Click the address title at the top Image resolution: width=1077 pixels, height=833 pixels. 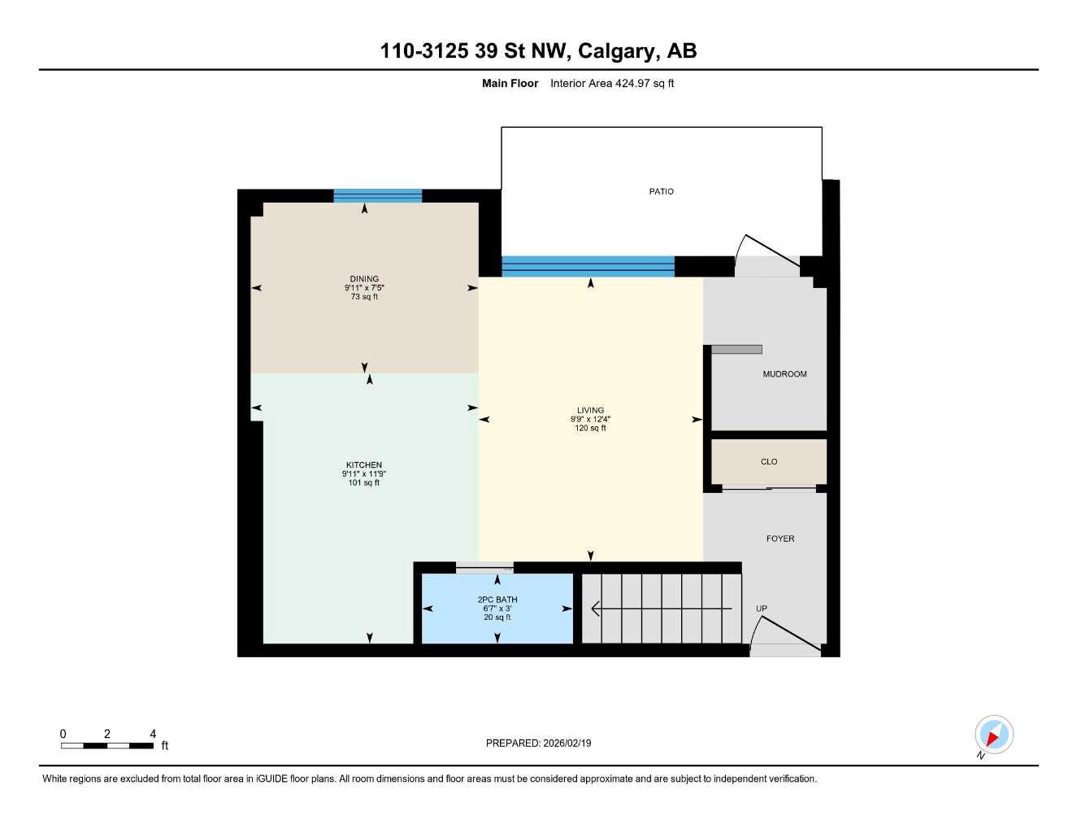pos(538,51)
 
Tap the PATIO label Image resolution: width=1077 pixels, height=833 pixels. pos(661,192)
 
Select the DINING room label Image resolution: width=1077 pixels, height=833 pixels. pos(364,279)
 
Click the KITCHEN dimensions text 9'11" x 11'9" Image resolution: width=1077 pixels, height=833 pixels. pos(364,474)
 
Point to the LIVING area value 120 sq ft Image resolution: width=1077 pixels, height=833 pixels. pos(590,429)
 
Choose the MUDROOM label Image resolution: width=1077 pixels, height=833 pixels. pos(784,374)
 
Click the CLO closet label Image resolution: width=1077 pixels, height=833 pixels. pos(769,462)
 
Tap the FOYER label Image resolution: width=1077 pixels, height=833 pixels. pos(780,539)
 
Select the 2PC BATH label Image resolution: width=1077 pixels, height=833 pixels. pos(497,600)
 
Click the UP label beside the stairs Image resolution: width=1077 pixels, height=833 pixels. pos(762,608)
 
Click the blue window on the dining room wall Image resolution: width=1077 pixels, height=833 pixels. pos(377,196)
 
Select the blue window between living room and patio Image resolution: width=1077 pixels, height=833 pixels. pos(588,266)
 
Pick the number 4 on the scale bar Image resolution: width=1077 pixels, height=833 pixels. pos(153,734)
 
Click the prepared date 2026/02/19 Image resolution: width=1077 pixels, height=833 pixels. pos(538,744)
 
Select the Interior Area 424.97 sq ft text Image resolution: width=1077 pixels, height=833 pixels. pos(612,84)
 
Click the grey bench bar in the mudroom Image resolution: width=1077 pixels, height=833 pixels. pos(736,350)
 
